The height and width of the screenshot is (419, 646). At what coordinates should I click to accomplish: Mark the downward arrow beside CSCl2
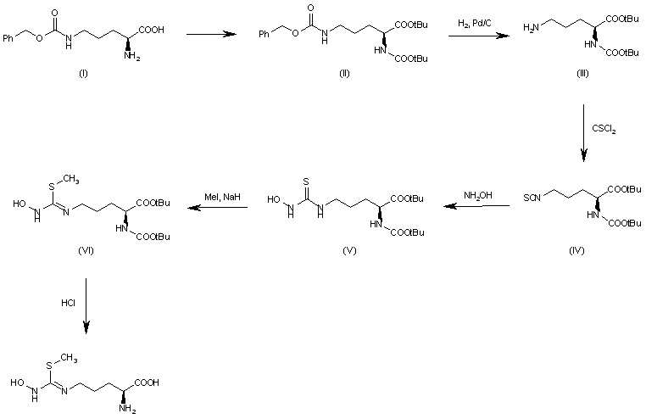click(x=583, y=132)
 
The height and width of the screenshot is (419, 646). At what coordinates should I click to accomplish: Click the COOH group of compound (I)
click(x=151, y=31)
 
